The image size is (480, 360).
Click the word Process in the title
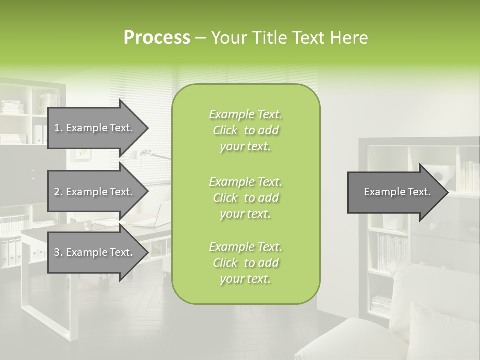(157, 38)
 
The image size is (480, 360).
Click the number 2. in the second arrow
(58, 192)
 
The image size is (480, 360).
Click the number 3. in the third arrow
(58, 252)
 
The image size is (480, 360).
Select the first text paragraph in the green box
(245, 130)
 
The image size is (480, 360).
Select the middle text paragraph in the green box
(245, 198)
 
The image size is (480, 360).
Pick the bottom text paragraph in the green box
(245, 263)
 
